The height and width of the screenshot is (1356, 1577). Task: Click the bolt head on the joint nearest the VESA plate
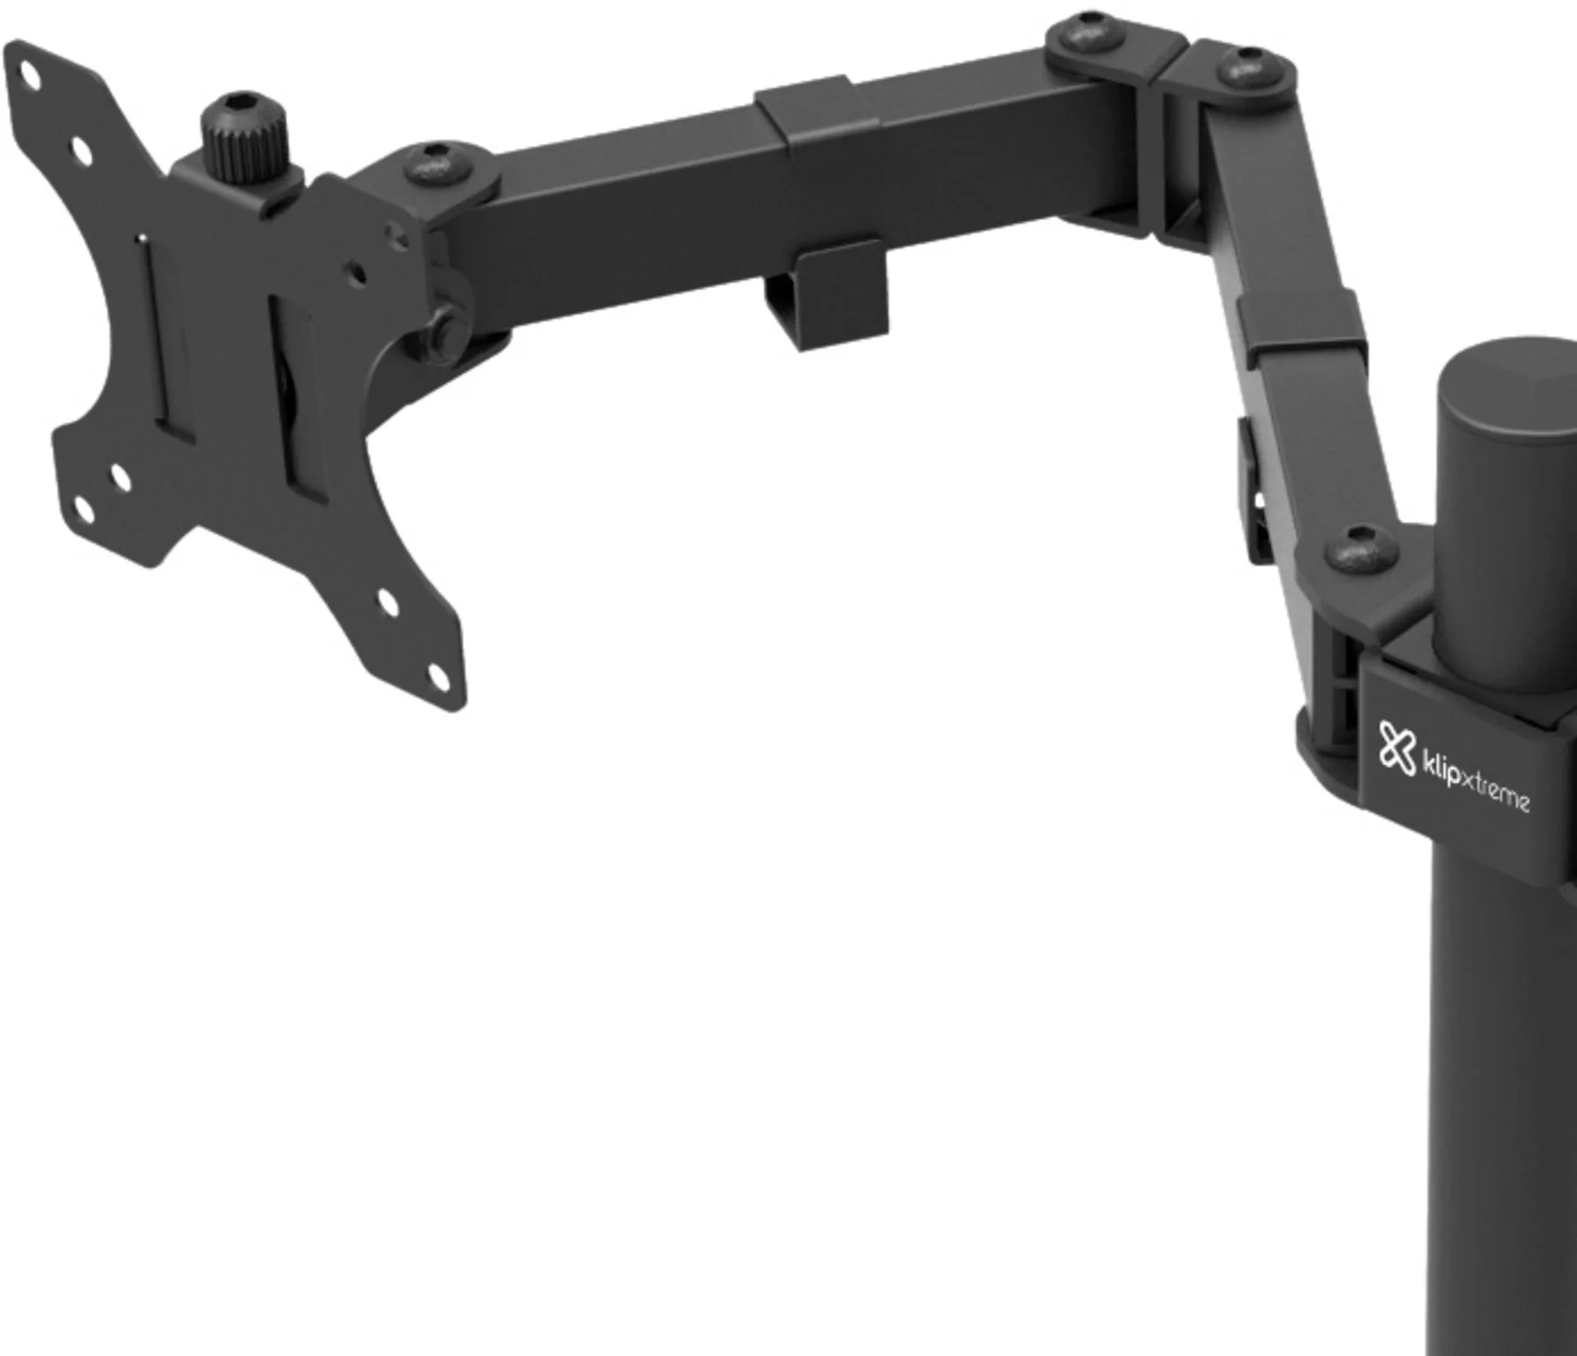[x=433, y=164]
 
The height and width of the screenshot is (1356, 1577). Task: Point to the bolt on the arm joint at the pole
[x=1360, y=549]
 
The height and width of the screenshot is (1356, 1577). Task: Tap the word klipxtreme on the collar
[x=1474, y=783]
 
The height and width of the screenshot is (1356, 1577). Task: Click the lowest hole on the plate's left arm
[x=83, y=509]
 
